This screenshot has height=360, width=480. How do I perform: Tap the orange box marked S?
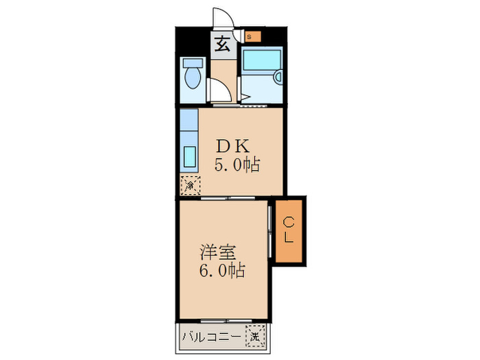point(251,36)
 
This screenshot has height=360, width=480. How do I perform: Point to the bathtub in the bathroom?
point(261,60)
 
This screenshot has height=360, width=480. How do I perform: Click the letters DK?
point(235,146)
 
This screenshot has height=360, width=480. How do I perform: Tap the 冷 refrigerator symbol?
point(191,184)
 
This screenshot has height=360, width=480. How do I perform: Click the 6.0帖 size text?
point(222,270)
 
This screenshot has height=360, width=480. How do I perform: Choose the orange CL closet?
point(289,230)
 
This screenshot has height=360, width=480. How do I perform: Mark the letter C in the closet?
point(289,221)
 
